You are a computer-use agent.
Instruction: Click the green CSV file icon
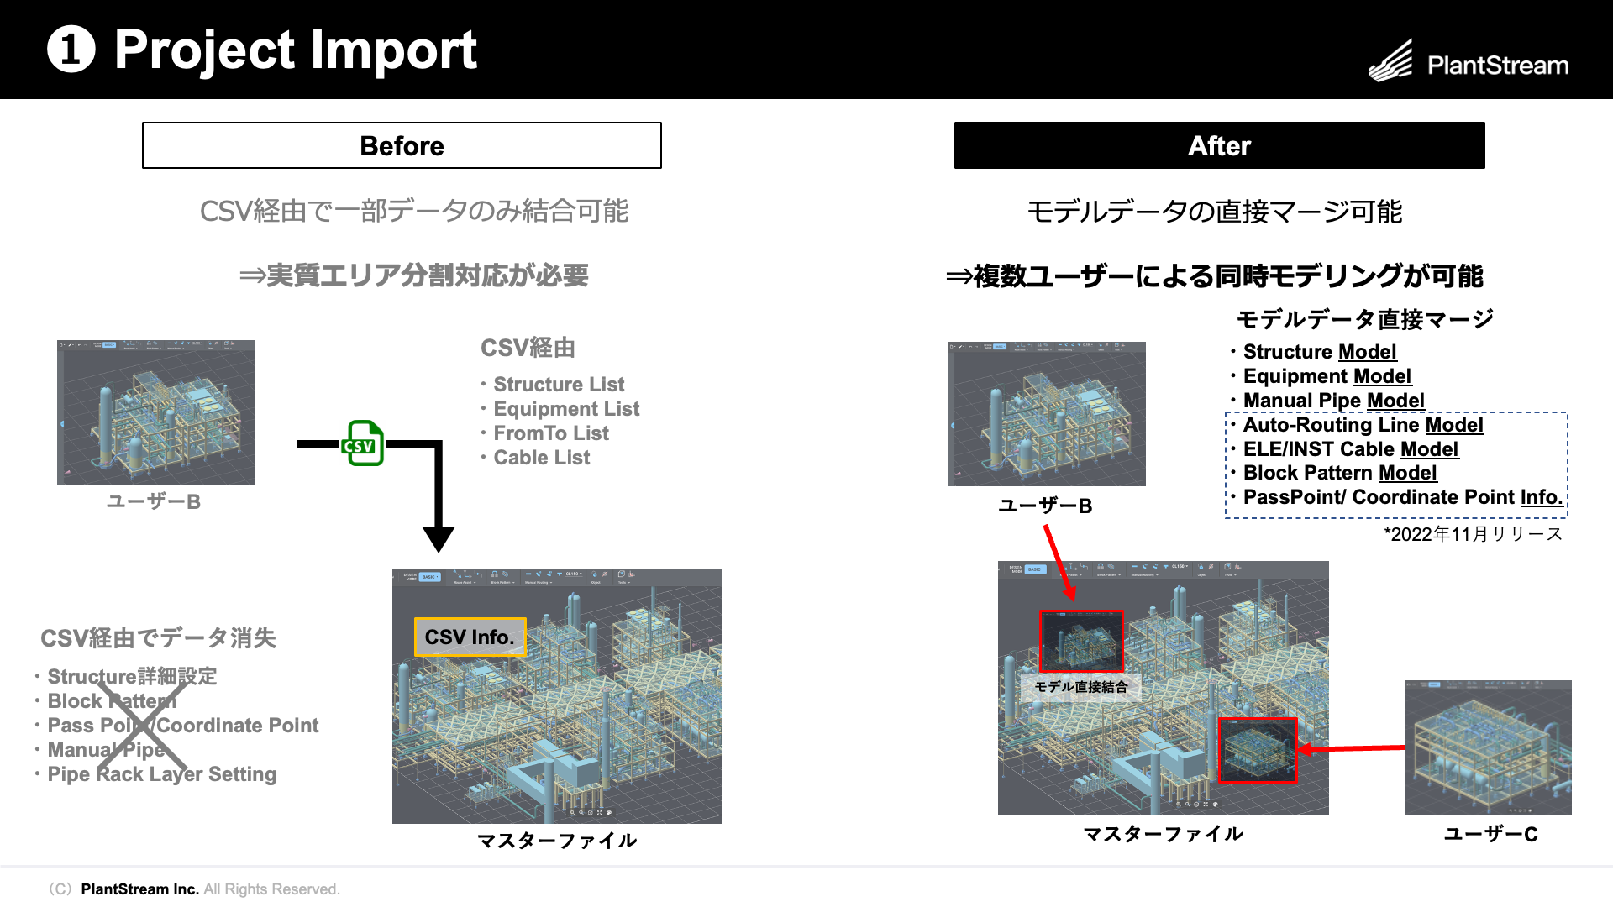tap(363, 443)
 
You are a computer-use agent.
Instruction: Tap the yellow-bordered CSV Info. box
tap(470, 637)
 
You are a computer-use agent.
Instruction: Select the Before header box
tap(402, 145)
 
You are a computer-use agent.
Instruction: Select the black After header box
tap(1219, 145)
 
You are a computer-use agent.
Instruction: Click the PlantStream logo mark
tap(1391, 61)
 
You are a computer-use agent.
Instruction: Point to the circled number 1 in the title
tap(71, 49)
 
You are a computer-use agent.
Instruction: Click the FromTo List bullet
tap(550, 433)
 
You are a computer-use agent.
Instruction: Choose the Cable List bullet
tap(541, 458)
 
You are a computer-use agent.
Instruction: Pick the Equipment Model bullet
tap(1327, 376)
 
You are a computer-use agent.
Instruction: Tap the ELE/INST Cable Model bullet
tap(1350, 449)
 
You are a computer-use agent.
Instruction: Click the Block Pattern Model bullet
tap(1339, 473)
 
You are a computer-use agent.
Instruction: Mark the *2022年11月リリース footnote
tap(1473, 534)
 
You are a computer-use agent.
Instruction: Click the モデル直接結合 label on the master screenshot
tap(1080, 687)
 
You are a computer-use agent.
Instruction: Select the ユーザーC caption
tap(1490, 834)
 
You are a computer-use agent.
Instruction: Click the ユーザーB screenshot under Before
tap(156, 412)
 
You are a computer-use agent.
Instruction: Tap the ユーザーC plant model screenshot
tap(1488, 747)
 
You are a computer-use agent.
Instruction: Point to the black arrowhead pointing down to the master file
tap(439, 537)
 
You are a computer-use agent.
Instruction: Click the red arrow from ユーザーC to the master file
tap(1353, 747)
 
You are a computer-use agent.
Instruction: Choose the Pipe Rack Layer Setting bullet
tap(161, 774)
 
